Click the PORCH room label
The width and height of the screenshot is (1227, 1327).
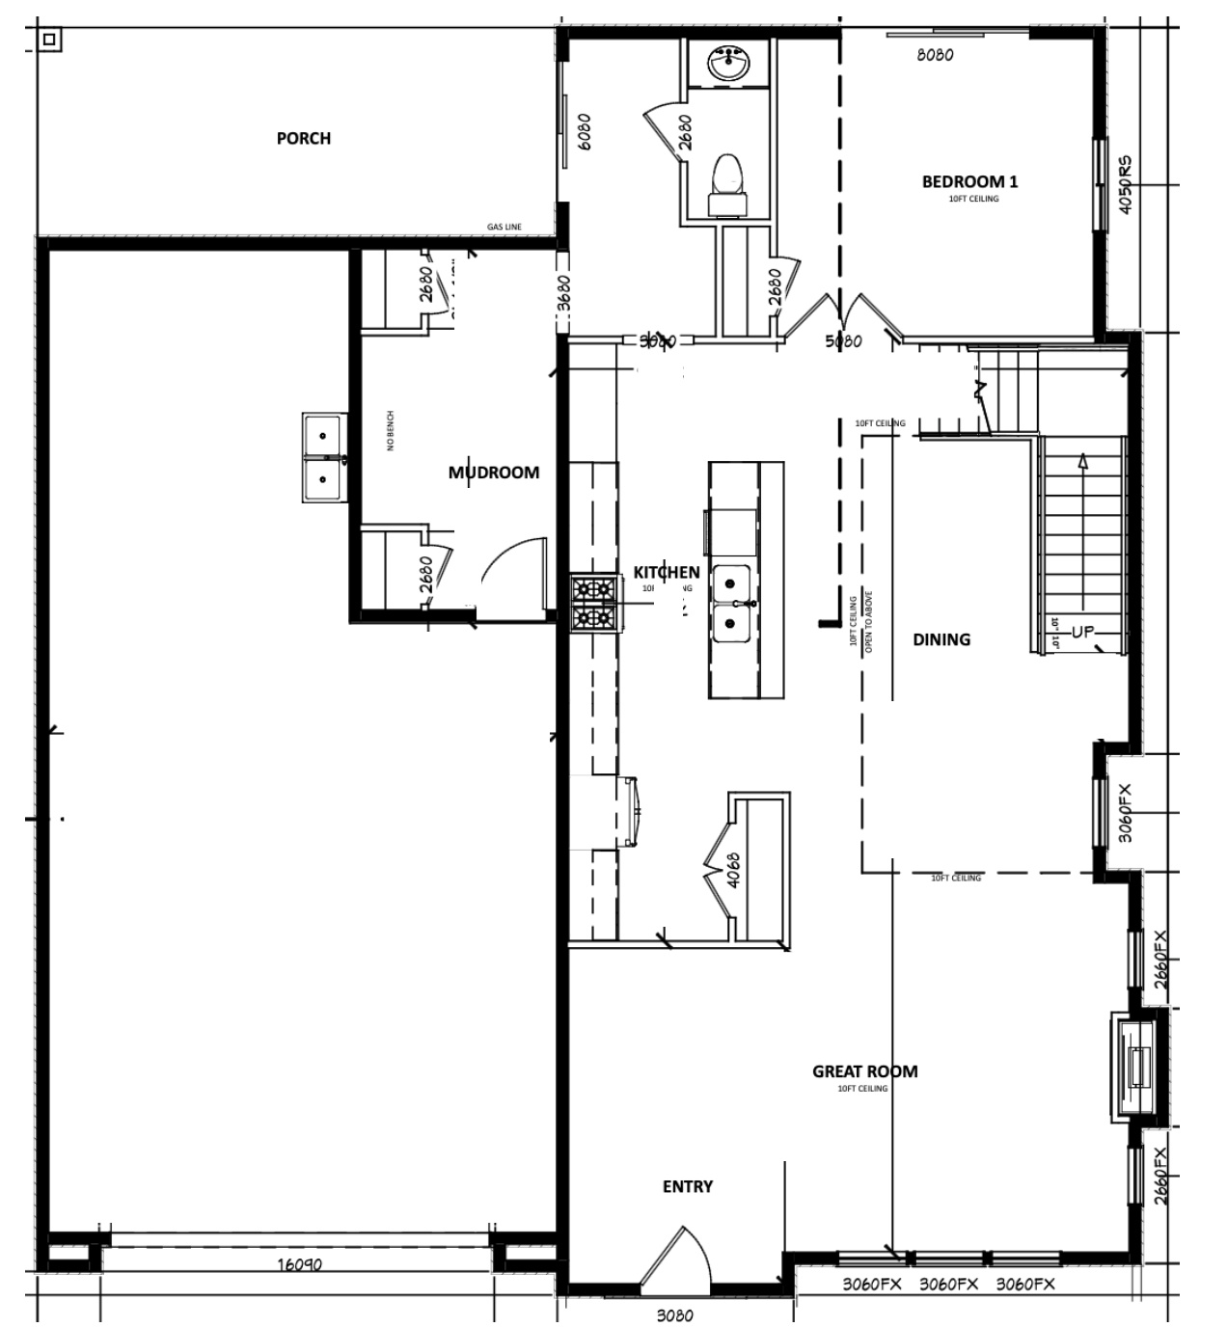click(x=303, y=138)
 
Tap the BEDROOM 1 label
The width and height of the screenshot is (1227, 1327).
click(x=969, y=181)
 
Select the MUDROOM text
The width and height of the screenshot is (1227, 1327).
click(x=493, y=473)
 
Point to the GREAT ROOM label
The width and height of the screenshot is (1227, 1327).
click(x=864, y=1071)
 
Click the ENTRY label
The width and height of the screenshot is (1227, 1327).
click(x=687, y=1187)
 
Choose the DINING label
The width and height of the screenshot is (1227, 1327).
click(x=941, y=639)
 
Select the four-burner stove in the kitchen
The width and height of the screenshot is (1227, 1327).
click(x=593, y=603)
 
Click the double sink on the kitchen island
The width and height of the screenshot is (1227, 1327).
click(x=733, y=604)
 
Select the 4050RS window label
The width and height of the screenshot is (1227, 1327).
click(x=1126, y=185)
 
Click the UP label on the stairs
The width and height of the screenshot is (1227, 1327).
click(x=1082, y=633)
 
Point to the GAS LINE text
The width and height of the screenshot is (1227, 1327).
click(x=504, y=228)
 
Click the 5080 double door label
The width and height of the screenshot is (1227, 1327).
click(x=844, y=341)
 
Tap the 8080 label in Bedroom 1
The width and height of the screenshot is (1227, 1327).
click(x=934, y=55)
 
